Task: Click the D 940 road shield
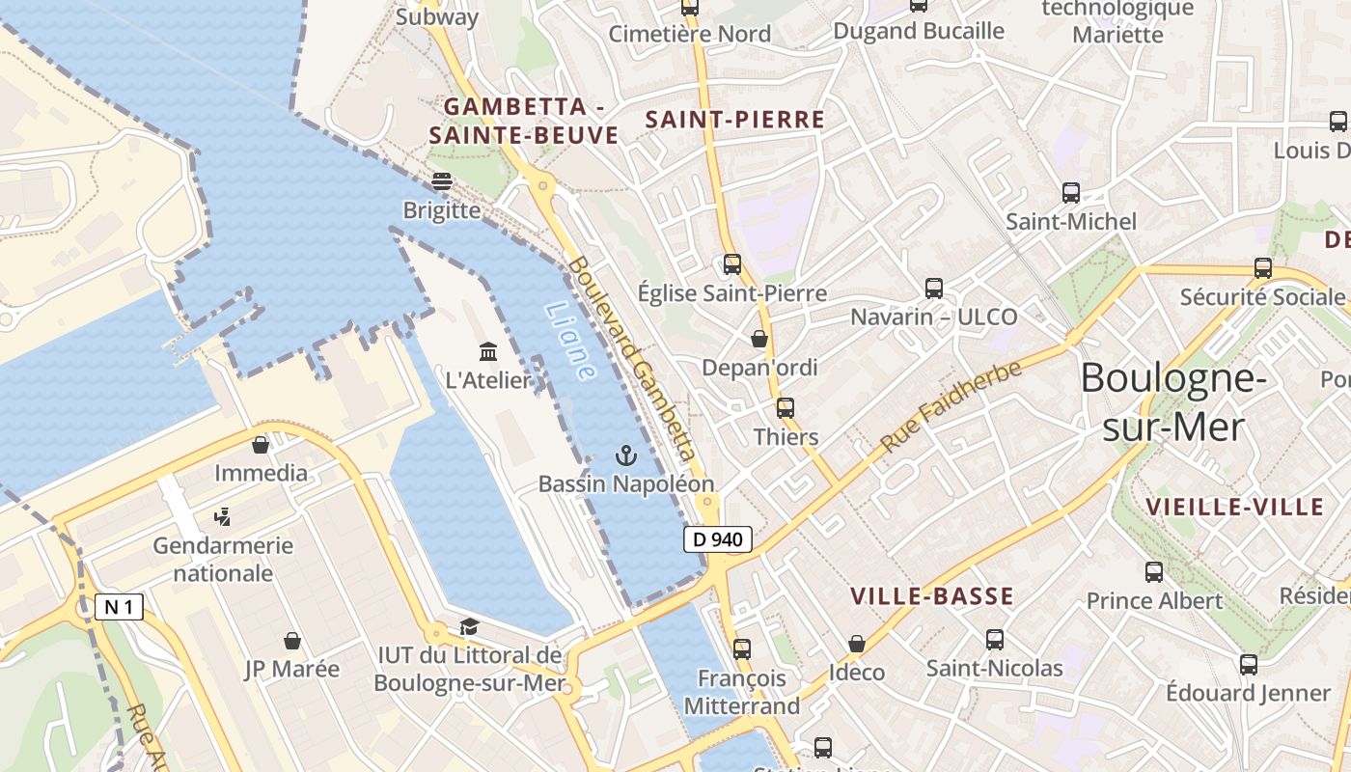pyautogui.click(x=718, y=539)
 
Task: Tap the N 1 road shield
pyautogui.click(x=120, y=607)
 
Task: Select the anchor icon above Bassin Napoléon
pyautogui.click(x=626, y=455)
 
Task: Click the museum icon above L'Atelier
pyautogui.click(x=488, y=351)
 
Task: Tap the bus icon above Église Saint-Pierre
pyautogui.click(x=732, y=263)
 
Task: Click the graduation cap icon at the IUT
pyautogui.click(x=469, y=627)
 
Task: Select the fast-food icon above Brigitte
pyautogui.click(x=442, y=180)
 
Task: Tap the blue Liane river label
pyautogui.click(x=570, y=341)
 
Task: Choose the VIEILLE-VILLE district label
pyautogui.click(x=1234, y=507)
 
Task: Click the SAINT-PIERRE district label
pyautogui.click(x=734, y=120)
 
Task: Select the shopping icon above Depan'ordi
pyautogui.click(x=759, y=339)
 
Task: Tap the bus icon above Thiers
pyautogui.click(x=786, y=408)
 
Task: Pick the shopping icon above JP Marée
pyautogui.click(x=291, y=641)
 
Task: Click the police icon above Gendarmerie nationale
pyautogui.click(x=223, y=517)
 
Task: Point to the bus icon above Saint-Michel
pyautogui.click(x=1071, y=192)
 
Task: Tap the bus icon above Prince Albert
pyautogui.click(x=1154, y=572)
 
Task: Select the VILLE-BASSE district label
pyautogui.click(x=931, y=596)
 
